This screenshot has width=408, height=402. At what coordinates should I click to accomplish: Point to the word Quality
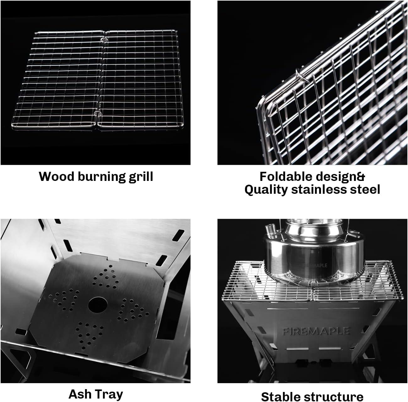266,189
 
